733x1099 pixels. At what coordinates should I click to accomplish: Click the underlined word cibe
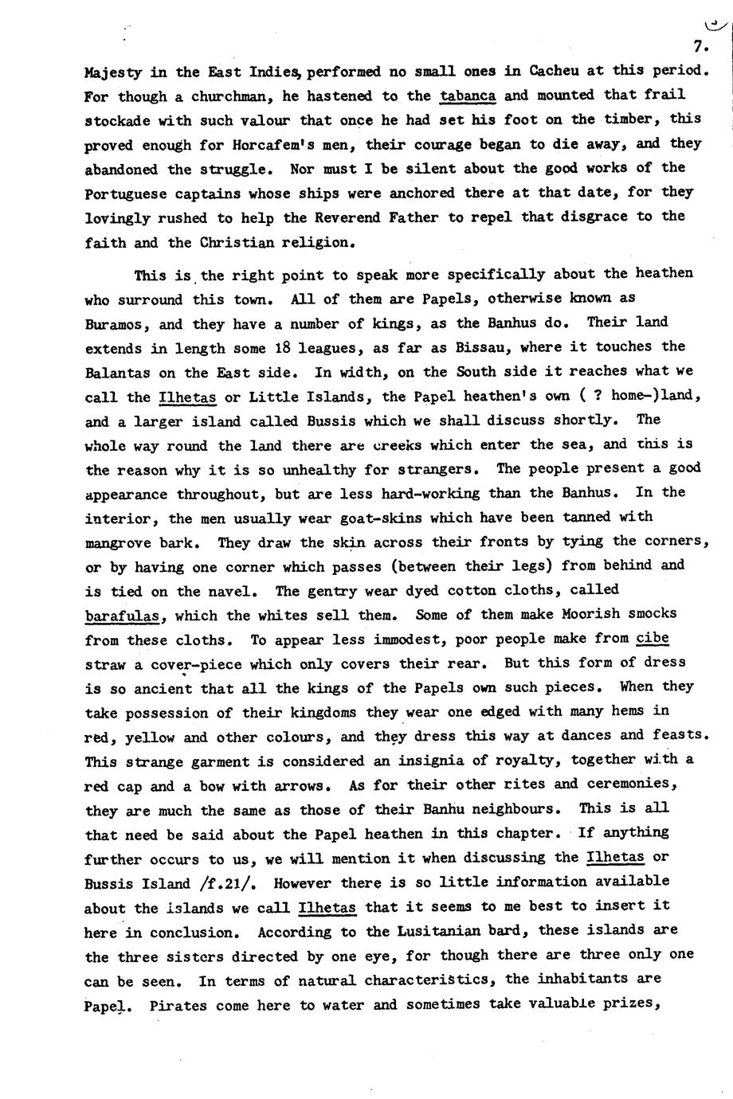click(652, 639)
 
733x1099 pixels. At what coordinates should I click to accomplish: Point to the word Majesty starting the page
click(112, 71)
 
